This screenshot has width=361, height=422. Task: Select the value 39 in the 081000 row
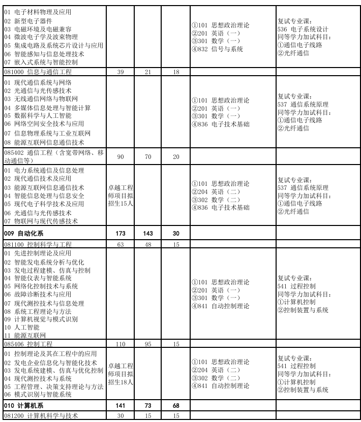click(x=121, y=72)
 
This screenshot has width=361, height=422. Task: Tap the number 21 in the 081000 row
click(x=148, y=72)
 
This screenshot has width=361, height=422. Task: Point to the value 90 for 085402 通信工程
click(x=121, y=156)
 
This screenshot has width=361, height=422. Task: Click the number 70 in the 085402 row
click(x=148, y=156)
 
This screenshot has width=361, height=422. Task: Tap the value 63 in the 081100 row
click(x=121, y=244)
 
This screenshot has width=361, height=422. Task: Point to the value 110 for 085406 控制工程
click(x=121, y=344)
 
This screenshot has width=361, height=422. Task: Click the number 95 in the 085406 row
click(x=148, y=344)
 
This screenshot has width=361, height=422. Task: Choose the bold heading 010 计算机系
click(x=24, y=406)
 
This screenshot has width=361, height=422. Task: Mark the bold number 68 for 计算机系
click(x=176, y=406)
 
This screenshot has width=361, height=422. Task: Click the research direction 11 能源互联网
click(x=25, y=336)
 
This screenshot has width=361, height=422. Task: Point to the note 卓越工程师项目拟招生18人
click(x=121, y=374)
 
